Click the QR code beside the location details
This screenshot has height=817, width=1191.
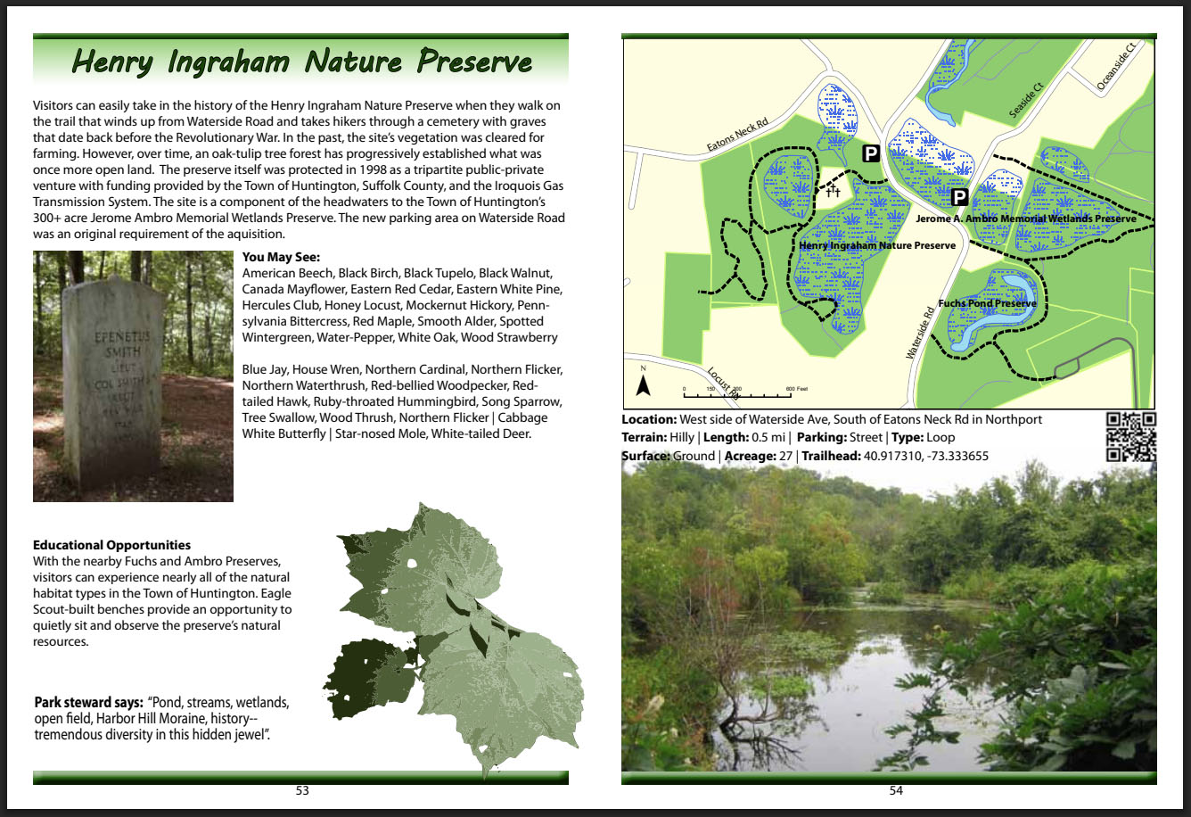[1131, 436]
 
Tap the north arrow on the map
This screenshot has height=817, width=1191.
[644, 385]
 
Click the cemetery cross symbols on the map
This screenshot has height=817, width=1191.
[834, 190]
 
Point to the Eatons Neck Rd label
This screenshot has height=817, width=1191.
[737, 134]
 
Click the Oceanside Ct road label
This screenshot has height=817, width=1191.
[1115, 66]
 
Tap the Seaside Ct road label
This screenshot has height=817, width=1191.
[1026, 100]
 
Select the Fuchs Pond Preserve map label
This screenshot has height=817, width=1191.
[987, 303]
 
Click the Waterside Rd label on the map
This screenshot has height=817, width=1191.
[920, 333]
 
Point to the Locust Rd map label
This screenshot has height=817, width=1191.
[723, 383]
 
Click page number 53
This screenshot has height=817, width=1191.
[302, 790]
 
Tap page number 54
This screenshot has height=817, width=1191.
[896, 790]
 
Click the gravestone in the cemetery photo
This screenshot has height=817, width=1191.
[112, 383]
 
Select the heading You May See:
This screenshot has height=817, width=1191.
[282, 257]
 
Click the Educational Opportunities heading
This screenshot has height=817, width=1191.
[111, 545]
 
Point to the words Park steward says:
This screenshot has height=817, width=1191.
[89, 702]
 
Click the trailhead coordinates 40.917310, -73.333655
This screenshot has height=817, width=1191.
[925, 456]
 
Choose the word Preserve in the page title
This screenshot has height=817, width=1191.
[474, 62]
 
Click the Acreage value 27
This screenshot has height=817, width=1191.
[785, 456]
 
